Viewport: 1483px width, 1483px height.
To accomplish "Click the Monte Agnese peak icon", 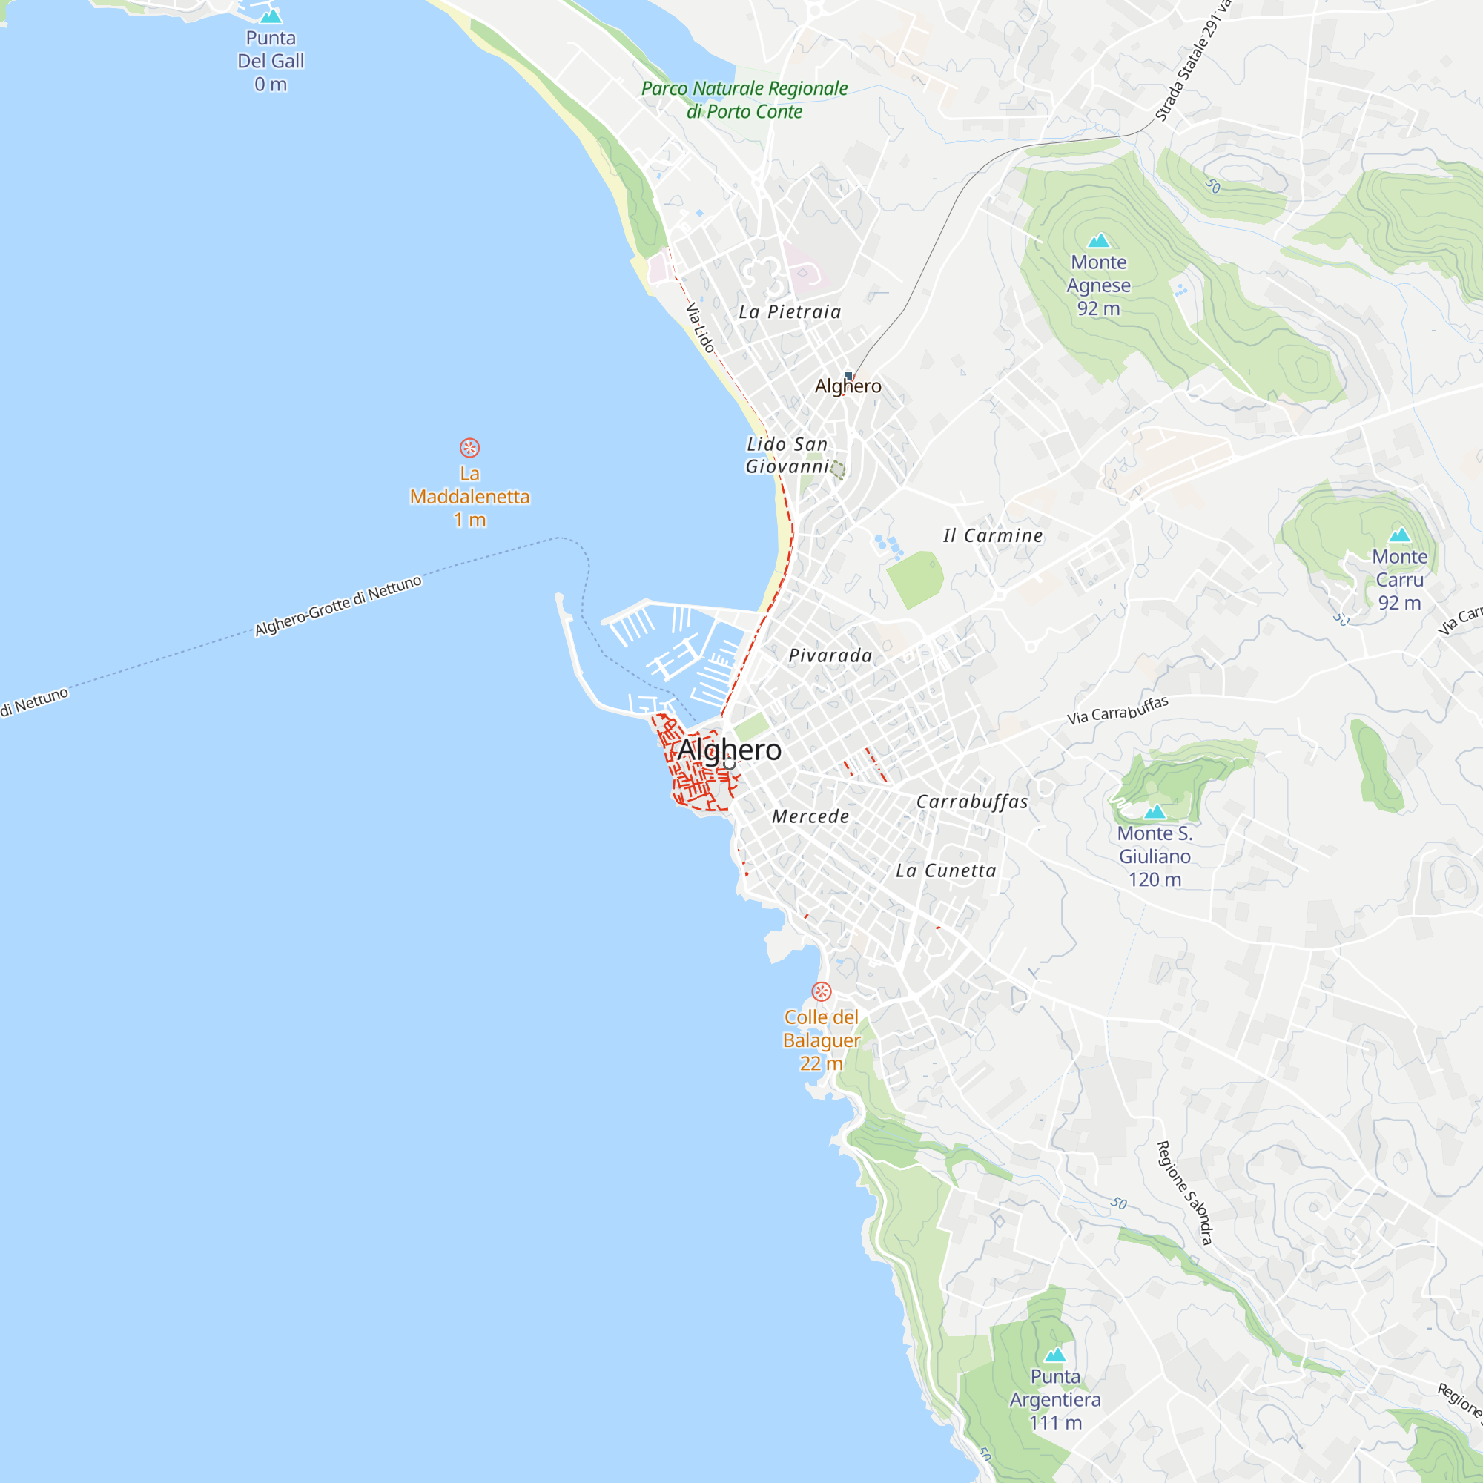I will tap(1098, 241).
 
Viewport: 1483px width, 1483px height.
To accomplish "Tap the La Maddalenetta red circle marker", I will tap(470, 448).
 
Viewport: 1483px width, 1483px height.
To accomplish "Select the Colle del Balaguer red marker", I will tap(822, 991).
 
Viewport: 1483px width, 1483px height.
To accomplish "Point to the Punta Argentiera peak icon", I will tap(1055, 1355).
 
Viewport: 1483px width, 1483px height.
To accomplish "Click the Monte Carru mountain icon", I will tap(1399, 535).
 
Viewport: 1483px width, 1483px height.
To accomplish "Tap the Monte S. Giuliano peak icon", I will tap(1155, 812).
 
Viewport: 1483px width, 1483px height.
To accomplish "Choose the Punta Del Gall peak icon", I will tap(270, 16).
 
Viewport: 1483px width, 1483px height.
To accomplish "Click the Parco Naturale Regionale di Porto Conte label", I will tap(744, 100).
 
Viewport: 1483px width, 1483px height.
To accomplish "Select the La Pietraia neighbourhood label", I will tap(790, 311).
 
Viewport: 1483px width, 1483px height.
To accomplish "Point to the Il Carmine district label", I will tap(993, 536).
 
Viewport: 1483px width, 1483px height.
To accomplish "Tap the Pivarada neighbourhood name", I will tap(830, 655).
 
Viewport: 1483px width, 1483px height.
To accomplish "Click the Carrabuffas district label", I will tap(972, 802).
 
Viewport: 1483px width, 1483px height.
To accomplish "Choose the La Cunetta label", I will tap(945, 871).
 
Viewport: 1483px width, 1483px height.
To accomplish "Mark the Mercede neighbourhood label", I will tap(810, 816).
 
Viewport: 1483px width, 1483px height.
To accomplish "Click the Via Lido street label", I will tap(700, 328).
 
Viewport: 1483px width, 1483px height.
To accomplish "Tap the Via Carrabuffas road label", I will tap(1117, 710).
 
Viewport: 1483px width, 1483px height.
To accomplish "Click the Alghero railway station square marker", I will tap(848, 375).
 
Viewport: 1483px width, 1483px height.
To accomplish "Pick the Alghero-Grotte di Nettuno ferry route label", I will tap(339, 606).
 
